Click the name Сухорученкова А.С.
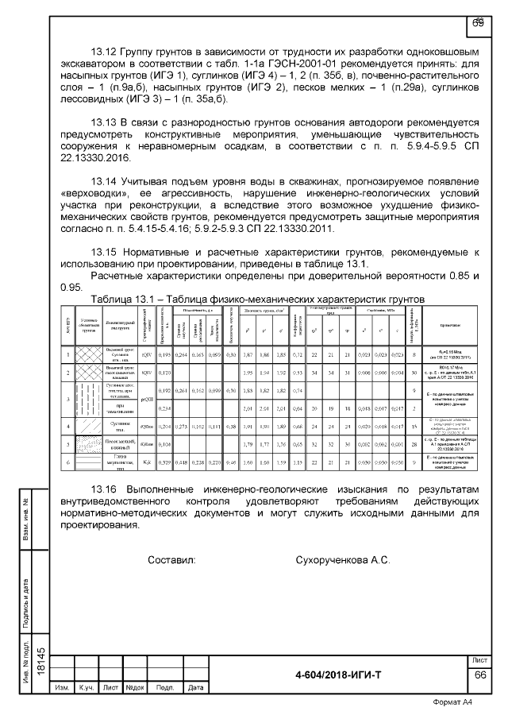(342, 560)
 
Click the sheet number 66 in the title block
(479, 675)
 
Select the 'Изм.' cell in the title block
(62, 687)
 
